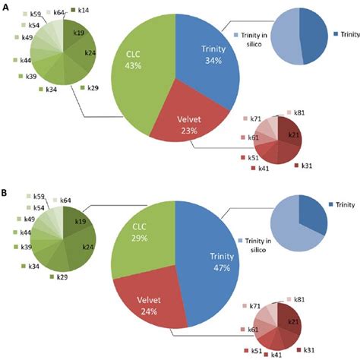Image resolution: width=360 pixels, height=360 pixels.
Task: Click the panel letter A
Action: (x=5, y=7)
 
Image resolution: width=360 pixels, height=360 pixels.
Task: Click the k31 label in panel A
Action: (x=306, y=166)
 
